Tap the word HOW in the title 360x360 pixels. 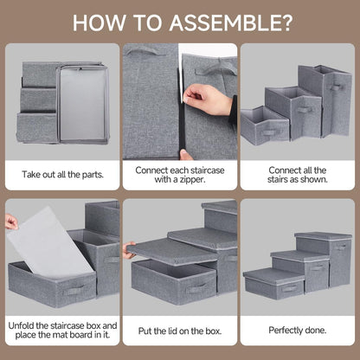pyautogui.click(x=97, y=21)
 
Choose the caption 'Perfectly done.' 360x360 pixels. pyautogui.click(x=298, y=331)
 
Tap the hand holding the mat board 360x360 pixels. pyautogui.click(x=10, y=222)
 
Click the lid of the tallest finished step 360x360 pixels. pyautogui.click(x=322, y=235)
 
